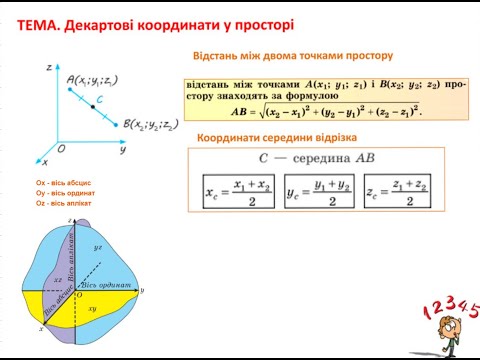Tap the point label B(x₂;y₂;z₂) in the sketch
coord(151,125)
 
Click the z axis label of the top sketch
coord(48,65)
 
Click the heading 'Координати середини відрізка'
coord(272,137)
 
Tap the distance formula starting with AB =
coord(327,111)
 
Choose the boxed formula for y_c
coord(318,189)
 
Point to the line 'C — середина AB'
coord(316,159)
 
